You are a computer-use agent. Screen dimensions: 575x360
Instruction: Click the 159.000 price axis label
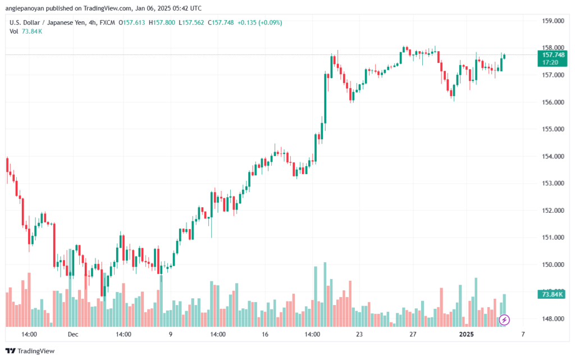pos(553,21)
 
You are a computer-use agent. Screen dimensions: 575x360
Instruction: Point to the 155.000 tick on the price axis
pos(553,129)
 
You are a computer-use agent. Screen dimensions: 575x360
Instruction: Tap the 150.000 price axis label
pos(553,265)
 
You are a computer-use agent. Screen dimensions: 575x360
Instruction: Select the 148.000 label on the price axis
pos(553,319)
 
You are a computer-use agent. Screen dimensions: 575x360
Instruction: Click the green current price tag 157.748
pos(553,58)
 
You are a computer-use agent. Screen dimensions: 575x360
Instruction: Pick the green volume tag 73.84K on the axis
pos(551,294)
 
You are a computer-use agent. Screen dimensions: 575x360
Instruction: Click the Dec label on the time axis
pos(73,334)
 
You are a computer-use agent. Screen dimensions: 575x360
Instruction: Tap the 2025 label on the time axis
pos(467,334)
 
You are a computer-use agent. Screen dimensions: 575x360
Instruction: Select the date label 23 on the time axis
pos(359,334)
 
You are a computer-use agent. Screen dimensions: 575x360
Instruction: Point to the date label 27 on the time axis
pos(413,334)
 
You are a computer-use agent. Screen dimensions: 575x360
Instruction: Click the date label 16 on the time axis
pos(265,334)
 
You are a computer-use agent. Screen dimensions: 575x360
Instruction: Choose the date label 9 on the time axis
pos(171,334)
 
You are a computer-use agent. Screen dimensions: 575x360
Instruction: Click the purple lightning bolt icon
pos(504,320)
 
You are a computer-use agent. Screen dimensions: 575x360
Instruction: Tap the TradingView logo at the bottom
pos(30,351)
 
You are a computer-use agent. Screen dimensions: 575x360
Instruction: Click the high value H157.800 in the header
pos(162,22)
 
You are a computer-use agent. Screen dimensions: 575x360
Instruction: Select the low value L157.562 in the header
pos(191,22)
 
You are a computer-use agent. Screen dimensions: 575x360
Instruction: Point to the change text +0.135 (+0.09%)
pos(259,22)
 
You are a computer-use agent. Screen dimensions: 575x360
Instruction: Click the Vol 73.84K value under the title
pos(32,31)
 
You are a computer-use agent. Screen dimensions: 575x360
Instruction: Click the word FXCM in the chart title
pos(107,22)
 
